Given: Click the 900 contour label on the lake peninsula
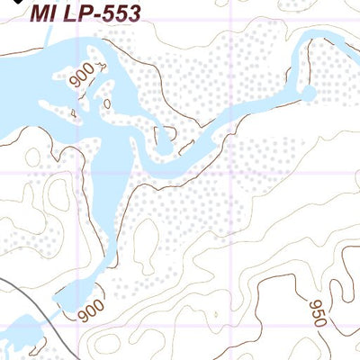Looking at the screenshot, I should point(85,79).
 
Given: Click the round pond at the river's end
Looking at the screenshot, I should point(308,93).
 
